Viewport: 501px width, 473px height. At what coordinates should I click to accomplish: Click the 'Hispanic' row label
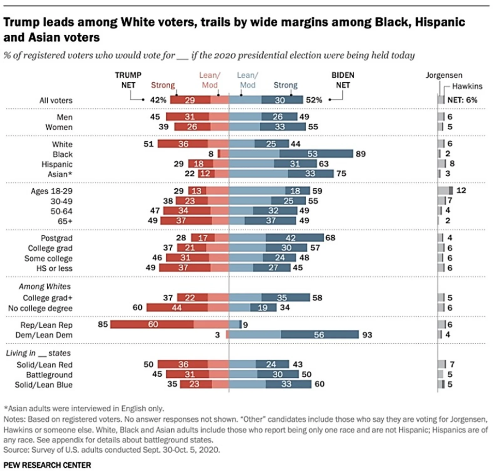click(x=57, y=164)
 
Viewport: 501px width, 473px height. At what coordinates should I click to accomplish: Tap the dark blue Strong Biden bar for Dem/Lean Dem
click(x=319, y=335)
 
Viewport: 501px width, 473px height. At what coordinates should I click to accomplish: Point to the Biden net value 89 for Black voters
click(x=360, y=154)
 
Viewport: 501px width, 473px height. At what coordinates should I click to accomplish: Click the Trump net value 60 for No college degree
click(x=137, y=307)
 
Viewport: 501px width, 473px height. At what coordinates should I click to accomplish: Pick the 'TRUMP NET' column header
click(x=128, y=80)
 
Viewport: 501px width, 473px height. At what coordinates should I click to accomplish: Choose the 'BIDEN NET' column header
click(x=343, y=80)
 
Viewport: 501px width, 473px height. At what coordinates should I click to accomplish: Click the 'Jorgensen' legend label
click(x=444, y=75)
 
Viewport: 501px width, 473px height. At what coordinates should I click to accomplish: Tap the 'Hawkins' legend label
click(x=467, y=86)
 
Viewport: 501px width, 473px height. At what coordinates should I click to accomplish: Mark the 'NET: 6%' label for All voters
click(x=462, y=100)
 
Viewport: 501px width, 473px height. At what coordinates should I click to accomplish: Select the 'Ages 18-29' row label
click(x=51, y=191)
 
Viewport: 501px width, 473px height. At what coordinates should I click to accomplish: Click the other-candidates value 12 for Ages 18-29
click(x=461, y=190)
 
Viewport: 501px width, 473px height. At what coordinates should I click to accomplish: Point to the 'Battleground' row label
click(x=49, y=375)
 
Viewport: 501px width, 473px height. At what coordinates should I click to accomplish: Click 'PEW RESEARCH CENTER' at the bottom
click(x=47, y=465)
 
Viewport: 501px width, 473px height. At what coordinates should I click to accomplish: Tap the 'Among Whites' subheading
click(x=44, y=286)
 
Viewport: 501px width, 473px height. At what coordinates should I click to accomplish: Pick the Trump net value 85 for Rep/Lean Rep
click(x=103, y=324)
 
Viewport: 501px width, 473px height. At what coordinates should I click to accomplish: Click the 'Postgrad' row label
click(x=56, y=238)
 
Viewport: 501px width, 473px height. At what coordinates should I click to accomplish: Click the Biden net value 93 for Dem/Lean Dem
click(x=367, y=335)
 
